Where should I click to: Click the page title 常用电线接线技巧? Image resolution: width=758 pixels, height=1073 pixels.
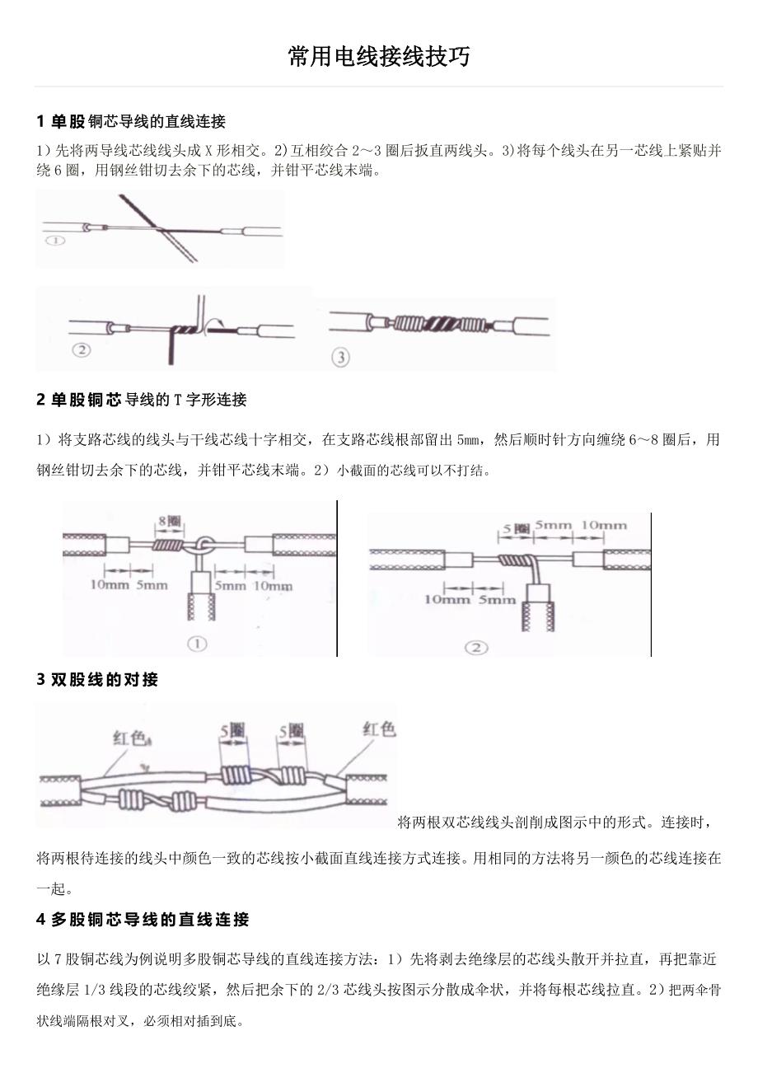pyautogui.click(x=379, y=57)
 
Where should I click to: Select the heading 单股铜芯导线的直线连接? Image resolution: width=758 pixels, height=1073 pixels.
pyautogui.click(x=132, y=122)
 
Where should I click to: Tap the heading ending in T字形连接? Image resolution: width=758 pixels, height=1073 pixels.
pyautogui.click(x=142, y=400)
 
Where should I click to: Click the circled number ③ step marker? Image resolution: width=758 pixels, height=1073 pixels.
pyautogui.click(x=340, y=356)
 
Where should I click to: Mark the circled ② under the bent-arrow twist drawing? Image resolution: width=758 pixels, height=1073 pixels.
pyautogui.click(x=81, y=349)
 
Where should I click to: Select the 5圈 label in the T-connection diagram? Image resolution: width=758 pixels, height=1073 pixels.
pyautogui.click(x=516, y=527)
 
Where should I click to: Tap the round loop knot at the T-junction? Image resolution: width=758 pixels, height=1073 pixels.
pyautogui.click(x=205, y=546)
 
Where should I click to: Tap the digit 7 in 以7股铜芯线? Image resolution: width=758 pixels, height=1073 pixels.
pyautogui.click(x=58, y=960)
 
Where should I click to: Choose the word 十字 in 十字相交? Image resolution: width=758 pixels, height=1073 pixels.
pyautogui.click(x=273, y=440)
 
